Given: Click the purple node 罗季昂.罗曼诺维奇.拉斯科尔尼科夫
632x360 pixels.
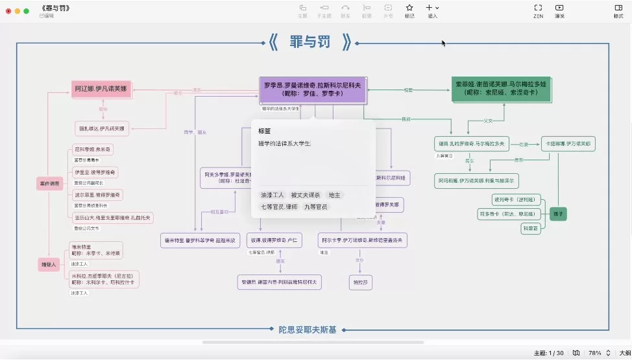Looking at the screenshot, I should coord(313,89).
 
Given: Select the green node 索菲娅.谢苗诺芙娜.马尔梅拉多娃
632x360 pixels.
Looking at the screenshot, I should coord(502,88).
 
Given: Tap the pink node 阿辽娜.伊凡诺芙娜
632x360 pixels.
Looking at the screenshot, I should coord(101,89).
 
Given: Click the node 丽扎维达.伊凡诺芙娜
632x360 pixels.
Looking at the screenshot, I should coord(102,127).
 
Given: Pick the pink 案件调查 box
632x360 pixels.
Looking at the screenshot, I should coord(49,184).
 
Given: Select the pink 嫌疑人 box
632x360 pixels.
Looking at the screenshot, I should coord(49,264).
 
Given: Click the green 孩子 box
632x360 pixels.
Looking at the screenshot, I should coord(558,213).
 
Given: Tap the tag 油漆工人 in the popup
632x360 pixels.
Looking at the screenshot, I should coord(273,195).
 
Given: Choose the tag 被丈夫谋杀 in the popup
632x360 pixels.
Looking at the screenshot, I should coord(306,195).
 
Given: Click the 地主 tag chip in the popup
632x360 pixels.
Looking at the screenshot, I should coord(335,195).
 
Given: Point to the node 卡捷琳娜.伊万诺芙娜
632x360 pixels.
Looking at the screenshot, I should coord(568,143).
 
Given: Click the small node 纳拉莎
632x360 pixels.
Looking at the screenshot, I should coord(359,282).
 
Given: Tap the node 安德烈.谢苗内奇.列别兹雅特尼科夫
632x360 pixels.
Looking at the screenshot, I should coord(280,282).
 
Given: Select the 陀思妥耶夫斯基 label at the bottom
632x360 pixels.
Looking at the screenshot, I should coord(308,330).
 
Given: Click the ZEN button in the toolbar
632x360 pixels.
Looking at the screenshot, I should coord(538,10).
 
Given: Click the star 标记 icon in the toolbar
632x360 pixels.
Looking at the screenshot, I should coord(409,10).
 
